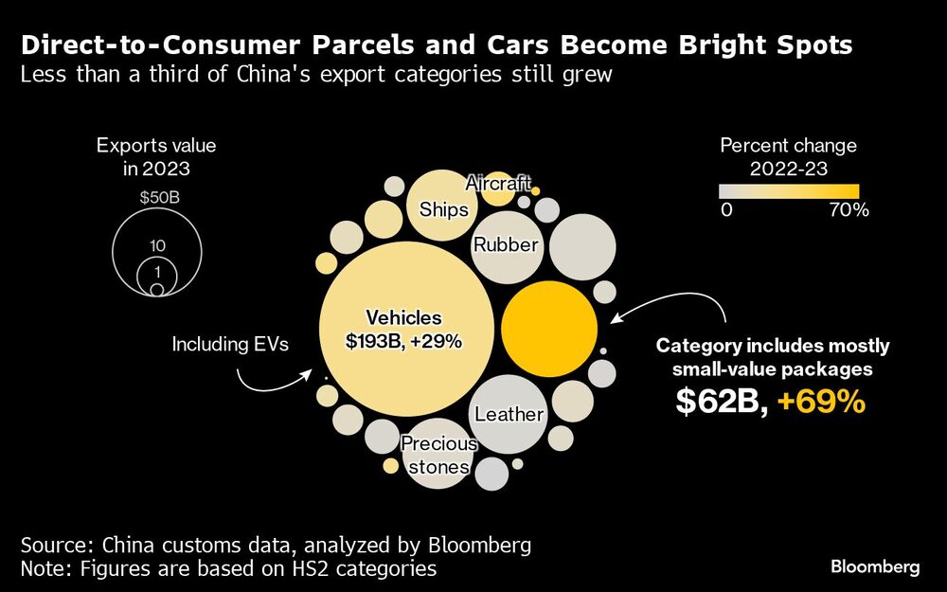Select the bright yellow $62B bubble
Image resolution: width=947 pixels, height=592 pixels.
(548, 329)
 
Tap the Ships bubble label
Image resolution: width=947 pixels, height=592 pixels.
(443, 209)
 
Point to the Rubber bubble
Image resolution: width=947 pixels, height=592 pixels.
(506, 245)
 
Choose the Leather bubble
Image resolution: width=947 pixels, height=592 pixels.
(509, 414)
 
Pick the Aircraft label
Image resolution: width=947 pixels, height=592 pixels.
(498, 183)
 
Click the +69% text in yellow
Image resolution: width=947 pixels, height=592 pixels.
(821, 402)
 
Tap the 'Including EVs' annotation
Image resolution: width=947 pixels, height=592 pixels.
(229, 345)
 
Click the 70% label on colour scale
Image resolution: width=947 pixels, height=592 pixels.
(849, 210)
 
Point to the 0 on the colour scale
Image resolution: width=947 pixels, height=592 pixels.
(725, 210)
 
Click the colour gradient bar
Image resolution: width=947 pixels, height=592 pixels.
(788, 189)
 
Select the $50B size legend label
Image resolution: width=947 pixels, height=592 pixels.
(157, 200)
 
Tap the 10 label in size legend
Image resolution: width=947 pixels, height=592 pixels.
(157, 245)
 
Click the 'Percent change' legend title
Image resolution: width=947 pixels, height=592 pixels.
(788, 146)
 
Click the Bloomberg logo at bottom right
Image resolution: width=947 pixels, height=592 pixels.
(875, 567)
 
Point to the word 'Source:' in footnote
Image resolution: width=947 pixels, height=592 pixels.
(58, 546)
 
